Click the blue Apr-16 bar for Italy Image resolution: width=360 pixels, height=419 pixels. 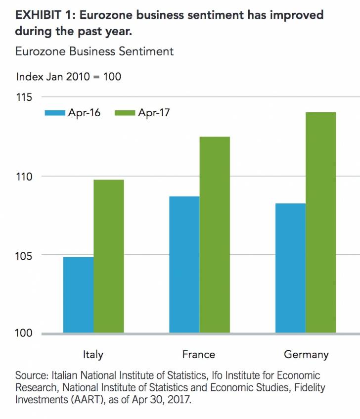[79, 295]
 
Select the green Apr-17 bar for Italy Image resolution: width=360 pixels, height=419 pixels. [109, 256]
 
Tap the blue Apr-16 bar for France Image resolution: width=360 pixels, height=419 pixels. [184, 265]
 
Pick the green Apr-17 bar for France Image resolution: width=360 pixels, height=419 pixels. [215, 235]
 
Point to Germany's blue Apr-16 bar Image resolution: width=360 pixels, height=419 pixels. [290, 268]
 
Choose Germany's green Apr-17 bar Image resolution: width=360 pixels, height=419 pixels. [320, 223]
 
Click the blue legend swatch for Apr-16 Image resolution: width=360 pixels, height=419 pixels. [55, 113]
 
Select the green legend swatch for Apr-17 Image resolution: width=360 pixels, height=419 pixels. [125, 113]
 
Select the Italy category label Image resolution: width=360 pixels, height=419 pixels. [93, 354]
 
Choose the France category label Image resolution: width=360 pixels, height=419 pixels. [199, 354]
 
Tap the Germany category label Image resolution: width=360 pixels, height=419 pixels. [306, 354]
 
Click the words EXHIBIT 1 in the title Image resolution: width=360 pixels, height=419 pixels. [44, 15]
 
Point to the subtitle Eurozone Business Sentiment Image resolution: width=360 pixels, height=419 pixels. [94, 51]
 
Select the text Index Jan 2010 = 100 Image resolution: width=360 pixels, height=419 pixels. [69, 77]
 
